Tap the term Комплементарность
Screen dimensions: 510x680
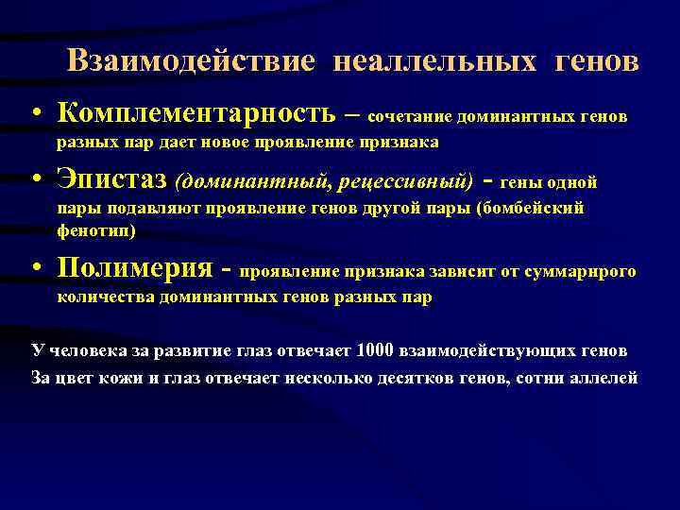(195, 113)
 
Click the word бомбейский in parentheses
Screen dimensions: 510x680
(538, 208)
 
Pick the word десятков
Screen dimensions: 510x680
(411, 376)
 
